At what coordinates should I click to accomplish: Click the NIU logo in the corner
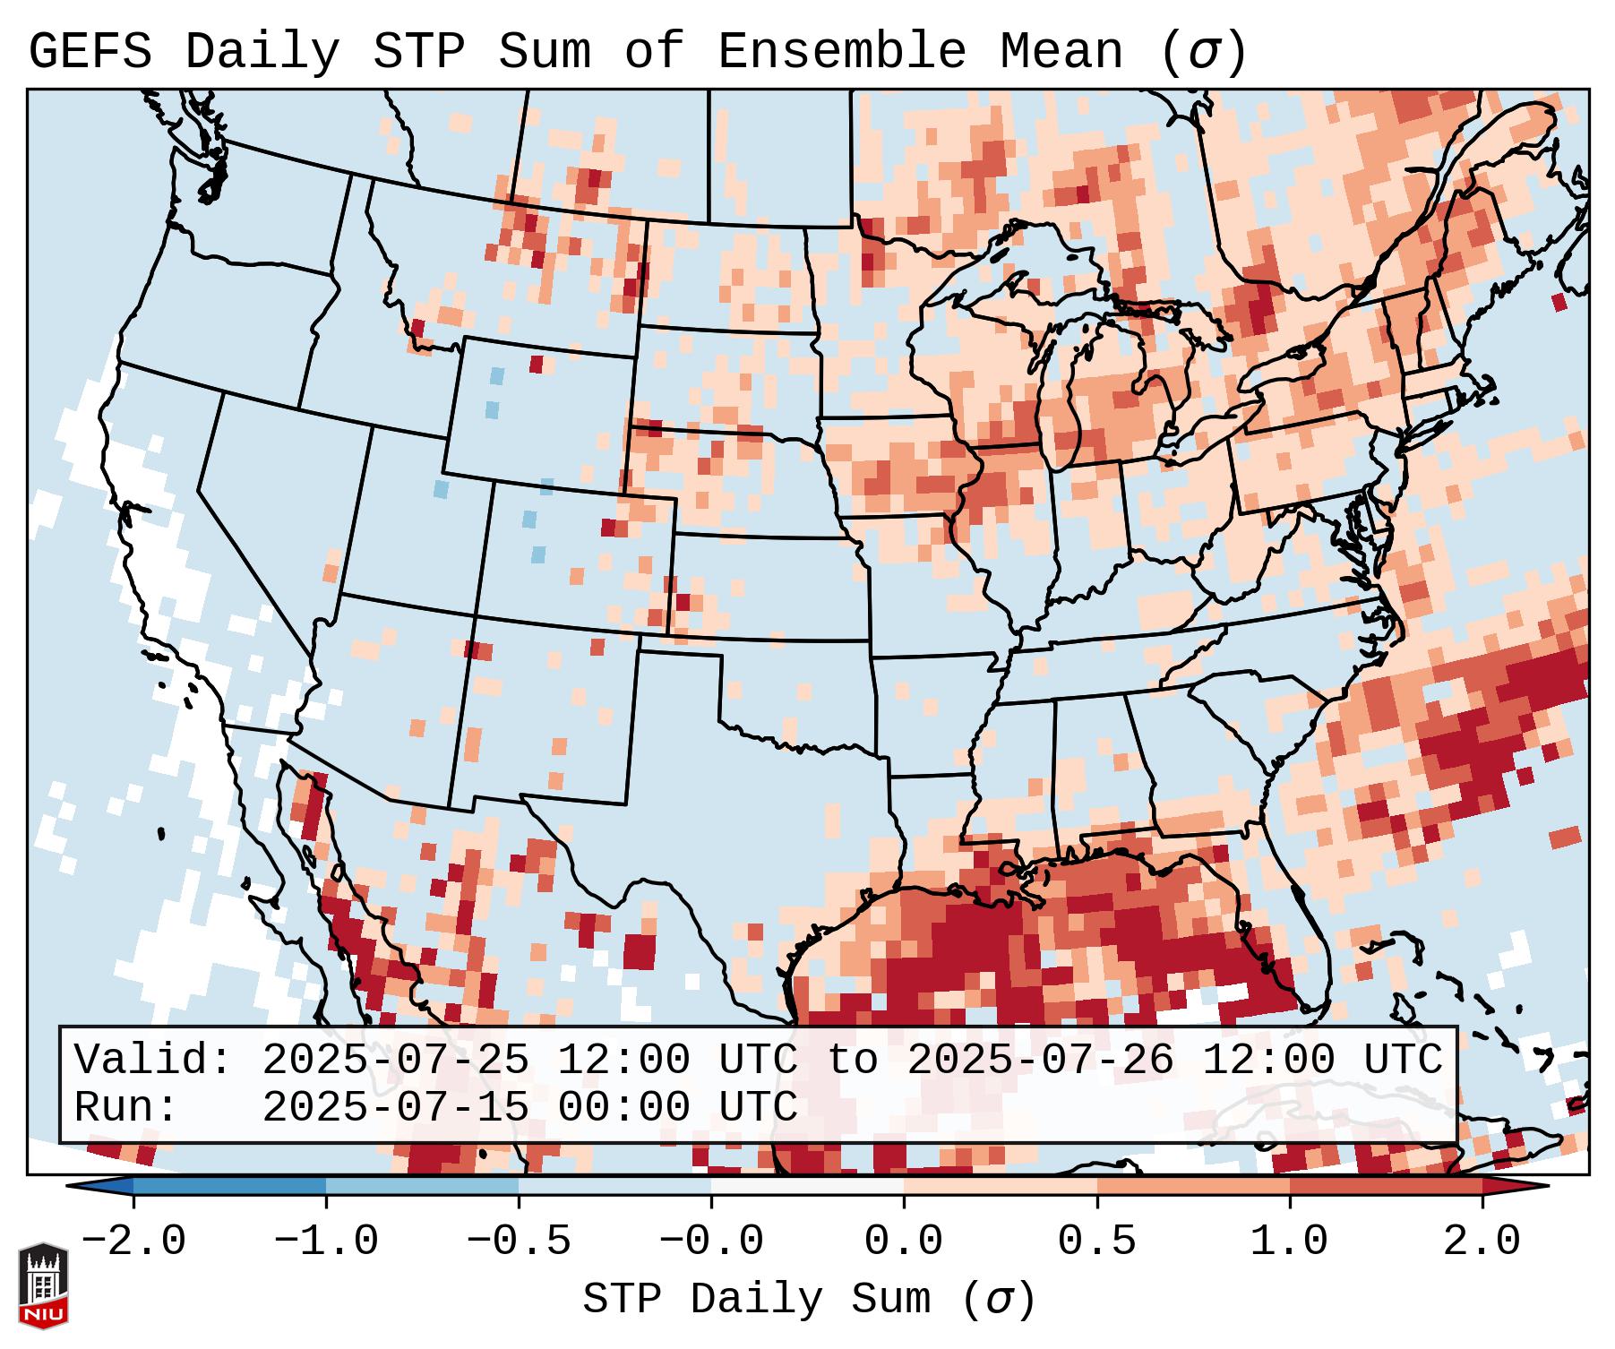pyautogui.click(x=43, y=1285)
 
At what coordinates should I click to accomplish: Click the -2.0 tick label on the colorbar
pyautogui.click(x=133, y=1242)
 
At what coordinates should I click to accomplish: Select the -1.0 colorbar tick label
pyautogui.click(x=326, y=1242)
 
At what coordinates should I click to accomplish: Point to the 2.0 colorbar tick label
pyautogui.click(x=1482, y=1242)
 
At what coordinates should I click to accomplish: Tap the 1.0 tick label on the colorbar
pyautogui.click(x=1289, y=1242)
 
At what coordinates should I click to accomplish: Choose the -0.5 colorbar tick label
pyautogui.click(x=519, y=1242)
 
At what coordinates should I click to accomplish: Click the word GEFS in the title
pyautogui.click(x=90, y=52)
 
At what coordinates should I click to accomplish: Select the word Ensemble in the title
pyautogui.click(x=841, y=52)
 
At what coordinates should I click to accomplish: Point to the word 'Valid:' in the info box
pyautogui.click(x=153, y=1061)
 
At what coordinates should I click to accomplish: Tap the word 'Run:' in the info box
pyautogui.click(x=126, y=1108)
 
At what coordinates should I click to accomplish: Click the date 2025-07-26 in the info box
pyautogui.click(x=1040, y=1061)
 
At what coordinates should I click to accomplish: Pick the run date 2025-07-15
pyautogui.click(x=395, y=1108)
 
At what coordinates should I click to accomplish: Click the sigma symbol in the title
pyautogui.click(x=1203, y=52)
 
